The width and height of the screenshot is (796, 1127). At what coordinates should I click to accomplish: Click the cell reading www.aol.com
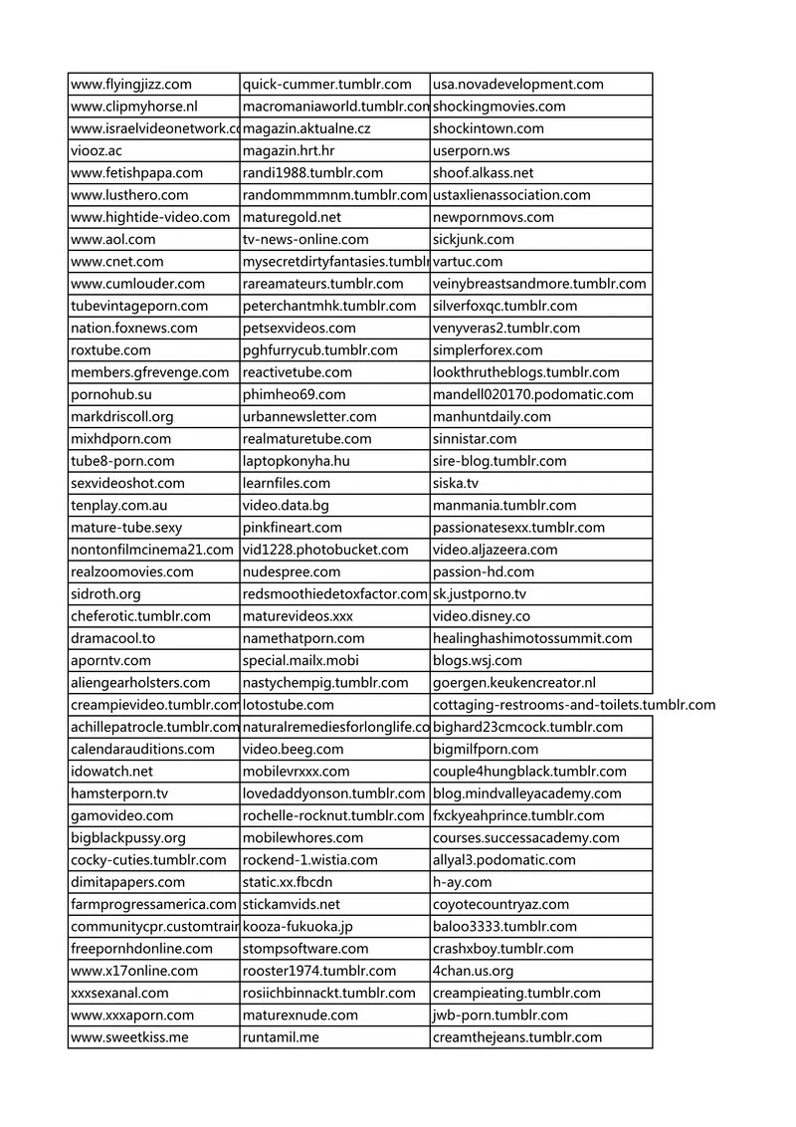[113, 239]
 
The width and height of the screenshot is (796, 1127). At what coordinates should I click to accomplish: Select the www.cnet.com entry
[114, 261]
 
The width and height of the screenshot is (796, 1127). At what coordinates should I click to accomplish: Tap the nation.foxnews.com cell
[134, 328]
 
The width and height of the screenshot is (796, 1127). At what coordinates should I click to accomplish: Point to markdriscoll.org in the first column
[122, 416]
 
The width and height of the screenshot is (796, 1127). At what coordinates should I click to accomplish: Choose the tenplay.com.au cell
[119, 505]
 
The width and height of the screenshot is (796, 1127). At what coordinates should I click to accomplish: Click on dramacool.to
[113, 638]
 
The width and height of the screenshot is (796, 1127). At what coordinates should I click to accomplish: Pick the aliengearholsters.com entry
[140, 682]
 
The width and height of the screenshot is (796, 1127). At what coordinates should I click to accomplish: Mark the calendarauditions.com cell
[142, 749]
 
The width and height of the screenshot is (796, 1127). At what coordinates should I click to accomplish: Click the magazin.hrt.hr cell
[289, 150]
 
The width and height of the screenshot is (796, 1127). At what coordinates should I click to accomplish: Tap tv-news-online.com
[305, 239]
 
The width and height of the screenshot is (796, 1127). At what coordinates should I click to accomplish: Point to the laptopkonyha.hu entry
[297, 461]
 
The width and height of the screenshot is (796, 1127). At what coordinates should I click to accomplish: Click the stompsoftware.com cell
[305, 949]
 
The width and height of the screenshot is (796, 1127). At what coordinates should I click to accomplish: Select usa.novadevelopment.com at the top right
[518, 85]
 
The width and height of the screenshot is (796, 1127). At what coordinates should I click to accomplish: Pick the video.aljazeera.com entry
[496, 550]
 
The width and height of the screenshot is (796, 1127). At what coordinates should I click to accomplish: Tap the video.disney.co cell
[482, 616]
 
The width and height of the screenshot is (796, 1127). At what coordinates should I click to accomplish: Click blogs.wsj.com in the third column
[478, 660]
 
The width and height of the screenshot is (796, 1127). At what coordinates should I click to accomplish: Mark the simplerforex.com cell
[488, 349]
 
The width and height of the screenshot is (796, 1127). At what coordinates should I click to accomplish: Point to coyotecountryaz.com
[501, 904]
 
